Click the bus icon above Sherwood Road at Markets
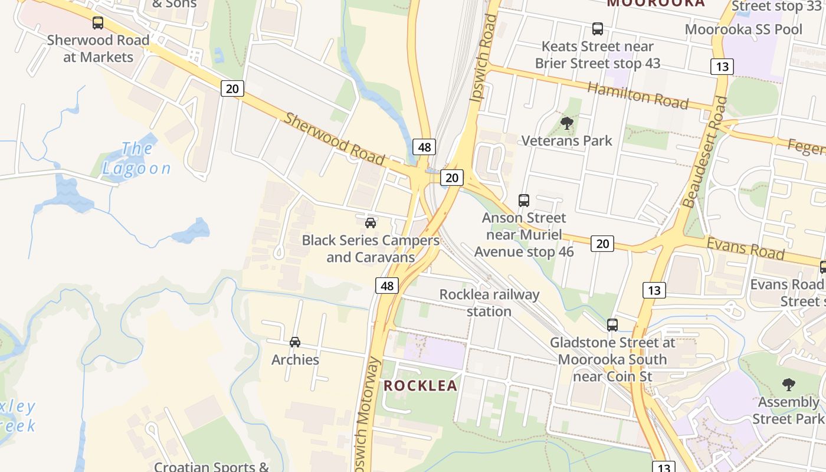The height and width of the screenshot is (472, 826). (x=98, y=23)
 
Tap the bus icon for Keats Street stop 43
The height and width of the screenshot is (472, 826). (x=598, y=28)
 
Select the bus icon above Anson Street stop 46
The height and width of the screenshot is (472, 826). (x=524, y=200)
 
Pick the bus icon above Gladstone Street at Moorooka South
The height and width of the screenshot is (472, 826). (x=612, y=324)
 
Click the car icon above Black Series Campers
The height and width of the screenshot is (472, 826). (x=371, y=222)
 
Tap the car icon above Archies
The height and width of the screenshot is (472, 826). (x=295, y=342)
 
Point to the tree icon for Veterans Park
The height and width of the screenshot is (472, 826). (x=567, y=123)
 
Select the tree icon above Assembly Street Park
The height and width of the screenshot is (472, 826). (x=788, y=385)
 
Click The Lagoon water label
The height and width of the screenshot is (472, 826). (x=137, y=158)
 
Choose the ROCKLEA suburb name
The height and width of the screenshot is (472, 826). (x=421, y=386)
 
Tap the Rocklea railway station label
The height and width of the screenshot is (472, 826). (x=489, y=303)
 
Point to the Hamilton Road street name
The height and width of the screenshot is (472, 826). (x=638, y=95)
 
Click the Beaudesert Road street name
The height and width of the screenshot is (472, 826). (x=704, y=152)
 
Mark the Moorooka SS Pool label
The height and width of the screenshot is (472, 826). (x=743, y=29)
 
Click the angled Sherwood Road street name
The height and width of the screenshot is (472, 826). (x=334, y=139)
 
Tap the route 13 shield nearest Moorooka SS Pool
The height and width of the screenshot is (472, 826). (x=722, y=66)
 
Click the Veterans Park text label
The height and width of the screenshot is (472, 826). (x=567, y=140)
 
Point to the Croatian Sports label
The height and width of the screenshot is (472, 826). (x=211, y=466)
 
